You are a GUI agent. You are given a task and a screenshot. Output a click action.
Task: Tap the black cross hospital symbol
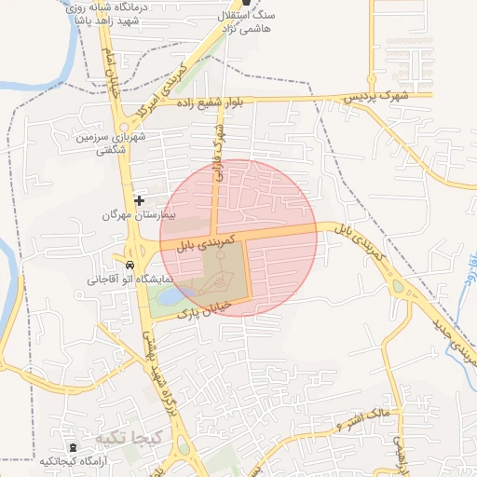(140, 199)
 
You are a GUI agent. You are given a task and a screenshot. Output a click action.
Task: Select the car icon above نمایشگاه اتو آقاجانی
(129, 264)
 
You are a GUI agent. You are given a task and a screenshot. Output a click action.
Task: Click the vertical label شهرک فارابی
(219, 150)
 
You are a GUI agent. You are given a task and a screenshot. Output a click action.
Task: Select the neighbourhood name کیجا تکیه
(129, 437)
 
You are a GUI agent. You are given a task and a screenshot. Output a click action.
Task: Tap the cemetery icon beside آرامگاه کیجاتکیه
(74, 448)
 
